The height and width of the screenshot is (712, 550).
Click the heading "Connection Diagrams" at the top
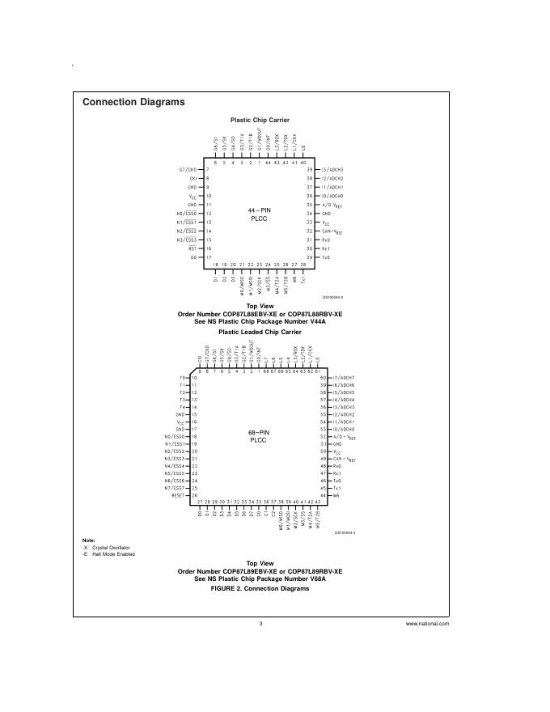click(x=133, y=102)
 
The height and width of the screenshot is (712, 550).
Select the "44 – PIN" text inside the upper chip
click(x=259, y=210)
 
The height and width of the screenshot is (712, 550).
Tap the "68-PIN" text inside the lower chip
click(x=259, y=433)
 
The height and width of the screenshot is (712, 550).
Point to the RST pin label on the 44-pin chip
click(x=192, y=248)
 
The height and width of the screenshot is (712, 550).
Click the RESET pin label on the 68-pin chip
click(x=180, y=496)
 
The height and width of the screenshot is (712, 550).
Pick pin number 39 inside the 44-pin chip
click(x=309, y=169)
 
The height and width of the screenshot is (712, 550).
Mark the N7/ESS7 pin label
click(x=176, y=489)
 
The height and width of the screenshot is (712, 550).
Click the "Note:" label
click(x=88, y=540)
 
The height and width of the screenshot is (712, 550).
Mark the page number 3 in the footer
click(x=260, y=624)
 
